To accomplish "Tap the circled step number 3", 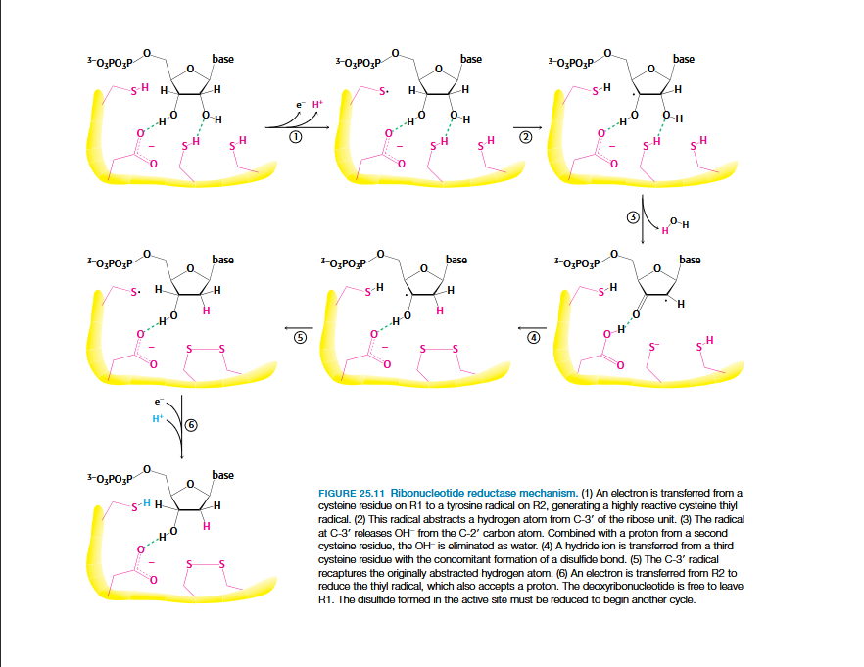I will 632,216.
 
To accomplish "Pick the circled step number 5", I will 301,337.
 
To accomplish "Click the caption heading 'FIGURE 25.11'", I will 352,492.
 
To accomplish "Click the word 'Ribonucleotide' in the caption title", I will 424,492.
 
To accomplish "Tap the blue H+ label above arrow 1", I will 316,104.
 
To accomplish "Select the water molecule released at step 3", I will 675,225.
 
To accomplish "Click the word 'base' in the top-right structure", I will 684,59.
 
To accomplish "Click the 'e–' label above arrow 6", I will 158,402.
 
